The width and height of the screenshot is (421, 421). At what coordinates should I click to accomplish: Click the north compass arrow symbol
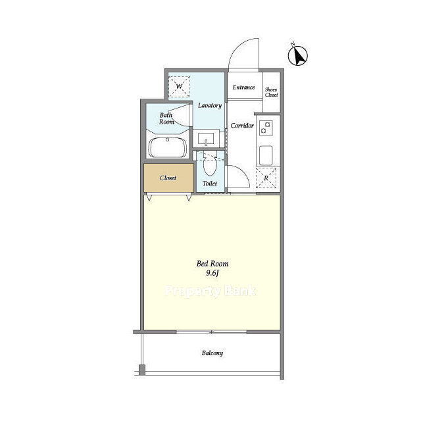(x=297, y=55)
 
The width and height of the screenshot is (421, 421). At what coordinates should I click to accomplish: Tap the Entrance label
(x=243, y=87)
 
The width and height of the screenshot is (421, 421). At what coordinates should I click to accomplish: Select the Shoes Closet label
(x=271, y=92)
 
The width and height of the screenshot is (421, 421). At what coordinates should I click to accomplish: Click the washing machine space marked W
(x=179, y=86)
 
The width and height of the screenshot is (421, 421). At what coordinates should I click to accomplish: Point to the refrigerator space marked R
(x=266, y=178)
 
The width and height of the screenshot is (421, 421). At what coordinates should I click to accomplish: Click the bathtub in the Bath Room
(x=168, y=147)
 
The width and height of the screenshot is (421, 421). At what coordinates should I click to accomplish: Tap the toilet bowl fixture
(x=210, y=165)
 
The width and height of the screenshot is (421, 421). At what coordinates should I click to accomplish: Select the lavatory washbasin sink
(x=206, y=139)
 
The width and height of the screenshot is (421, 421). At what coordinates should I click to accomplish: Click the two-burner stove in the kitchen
(x=266, y=128)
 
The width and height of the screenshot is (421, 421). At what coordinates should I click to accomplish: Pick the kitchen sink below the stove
(x=266, y=155)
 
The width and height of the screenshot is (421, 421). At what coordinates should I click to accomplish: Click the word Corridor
(x=242, y=126)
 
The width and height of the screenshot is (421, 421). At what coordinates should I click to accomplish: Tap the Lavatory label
(x=210, y=105)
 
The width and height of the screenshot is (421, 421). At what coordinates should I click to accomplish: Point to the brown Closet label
(x=168, y=178)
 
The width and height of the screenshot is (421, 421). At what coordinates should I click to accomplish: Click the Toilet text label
(x=210, y=184)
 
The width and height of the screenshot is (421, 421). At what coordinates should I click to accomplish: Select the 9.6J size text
(x=212, y=273)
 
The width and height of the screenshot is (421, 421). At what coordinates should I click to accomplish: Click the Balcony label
(x=212, y=353)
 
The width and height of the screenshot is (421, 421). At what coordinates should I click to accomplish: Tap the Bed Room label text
(x=212, y=264)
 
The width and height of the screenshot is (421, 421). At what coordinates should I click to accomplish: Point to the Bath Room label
(x=166, y=118)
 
